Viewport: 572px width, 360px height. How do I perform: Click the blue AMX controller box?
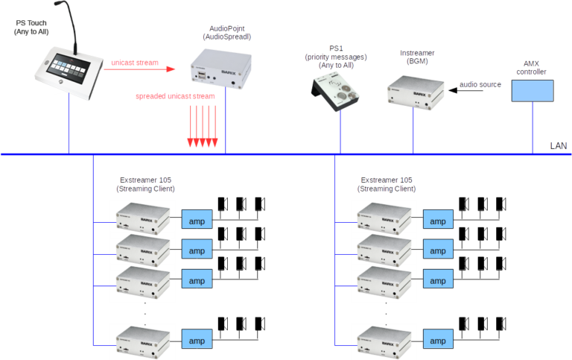click(532, 90)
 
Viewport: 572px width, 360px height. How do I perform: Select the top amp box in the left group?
click(197, 220)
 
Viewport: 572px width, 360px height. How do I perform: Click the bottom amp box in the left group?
click(197, 341)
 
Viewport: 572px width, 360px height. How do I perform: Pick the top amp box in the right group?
click(438, 220)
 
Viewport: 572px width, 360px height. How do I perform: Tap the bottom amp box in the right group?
click(438, 341)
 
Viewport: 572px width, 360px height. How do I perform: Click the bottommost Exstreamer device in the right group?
click(384, 340)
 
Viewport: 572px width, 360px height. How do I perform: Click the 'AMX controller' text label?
click(531, 67)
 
